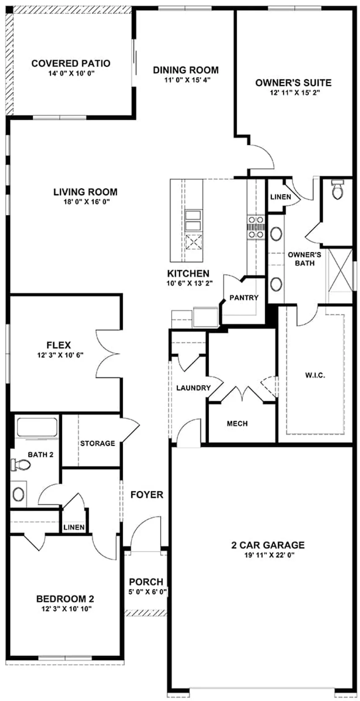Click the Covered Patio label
[71, 64]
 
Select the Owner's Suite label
[293, 83]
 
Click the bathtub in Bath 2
[36, 427]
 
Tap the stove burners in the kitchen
[255, 227]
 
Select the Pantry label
[244, 298]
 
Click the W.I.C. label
[315, 375]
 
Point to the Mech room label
[237, 424]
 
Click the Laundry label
[193, 388]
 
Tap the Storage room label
[98, 443]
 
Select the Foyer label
[147, 495]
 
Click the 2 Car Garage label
[268, 545]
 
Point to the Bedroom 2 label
[65, 599]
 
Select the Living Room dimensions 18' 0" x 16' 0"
[85, 202]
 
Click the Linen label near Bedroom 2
[74, 527]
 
